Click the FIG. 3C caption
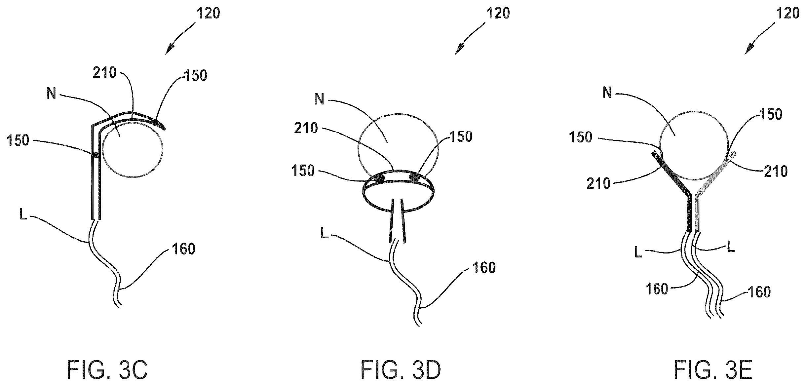pos(107,370)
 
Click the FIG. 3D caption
pos(401,370)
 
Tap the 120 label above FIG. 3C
pos(209,14)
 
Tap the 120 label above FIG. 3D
pos(498,14)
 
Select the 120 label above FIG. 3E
pos(787,14)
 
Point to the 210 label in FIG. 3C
pos(104,73)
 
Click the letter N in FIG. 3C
pos(51,94)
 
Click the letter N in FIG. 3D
pos(320,99)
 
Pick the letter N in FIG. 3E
pos(607,93)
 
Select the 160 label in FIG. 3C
pos(183,249)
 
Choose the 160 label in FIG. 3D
pos(484,268)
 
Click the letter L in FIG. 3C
pos(23,215)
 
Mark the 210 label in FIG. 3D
pos(306,128)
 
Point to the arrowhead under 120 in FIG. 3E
pos(748,49)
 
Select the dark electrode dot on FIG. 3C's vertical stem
pos(95,155)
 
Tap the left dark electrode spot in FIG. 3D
pos(378,179)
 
